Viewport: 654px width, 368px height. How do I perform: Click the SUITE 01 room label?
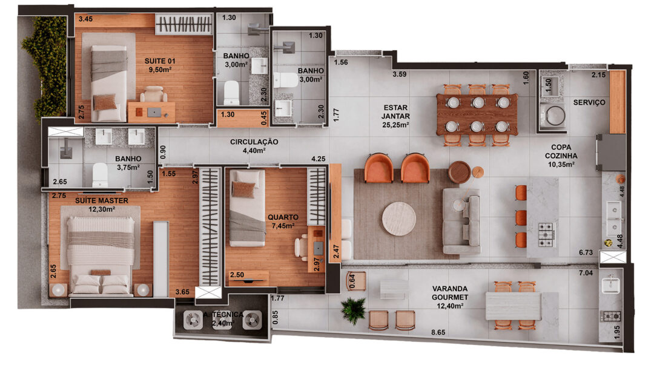pyautogui.click(x=160, y=61)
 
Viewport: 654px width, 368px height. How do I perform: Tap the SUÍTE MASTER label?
pyautogui.click(x=102, y=200)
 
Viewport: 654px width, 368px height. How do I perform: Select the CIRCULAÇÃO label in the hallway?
pyautogui.click(x=254, y=142)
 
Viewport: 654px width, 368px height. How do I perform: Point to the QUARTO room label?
pyautogui.click(x=283, y=217)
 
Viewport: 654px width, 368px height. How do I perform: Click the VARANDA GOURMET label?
pyautogui.click(x=449, y=292)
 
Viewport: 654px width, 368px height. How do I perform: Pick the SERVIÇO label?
pyautogui.click(x=589, y=102)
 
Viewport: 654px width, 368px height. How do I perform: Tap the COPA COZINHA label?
pyautogui.click(x=561, y=151)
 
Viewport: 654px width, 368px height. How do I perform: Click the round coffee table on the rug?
pyautogui.click(x=399, y=218)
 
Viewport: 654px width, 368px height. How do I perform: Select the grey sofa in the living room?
pyautogui.click(x=461, y=222)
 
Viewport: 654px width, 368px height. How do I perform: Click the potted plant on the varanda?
pyautogui.click(x=353, y=310)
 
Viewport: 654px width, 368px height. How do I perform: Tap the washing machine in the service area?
pyautogui.click(x=553, y=115)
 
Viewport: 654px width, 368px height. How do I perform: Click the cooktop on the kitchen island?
pyautogui.click(x=546, y=235)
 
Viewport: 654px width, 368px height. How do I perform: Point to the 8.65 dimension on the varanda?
pyautogui.click(x=438, y=332)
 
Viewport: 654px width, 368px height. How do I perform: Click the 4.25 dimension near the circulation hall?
pyautogui.click(x=319, y=159)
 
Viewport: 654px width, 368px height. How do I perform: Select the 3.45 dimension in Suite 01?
pyautogui.click(x=85, y=19)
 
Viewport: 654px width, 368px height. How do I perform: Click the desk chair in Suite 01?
pyautogui.click(x=153, y=94)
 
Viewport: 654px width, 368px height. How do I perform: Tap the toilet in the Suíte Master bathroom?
pyautogui.click(x=100, y=175)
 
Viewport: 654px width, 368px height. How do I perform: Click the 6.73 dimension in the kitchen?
pyautogui.click(x=586, y=252)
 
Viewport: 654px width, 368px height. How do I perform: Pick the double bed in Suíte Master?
pyautogui.click(x=101, y=255)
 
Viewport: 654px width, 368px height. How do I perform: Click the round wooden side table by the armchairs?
pyautogui.click(x=459, y=172)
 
